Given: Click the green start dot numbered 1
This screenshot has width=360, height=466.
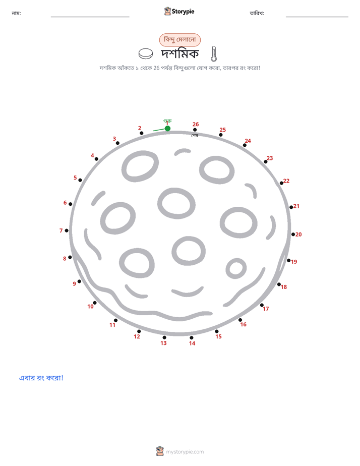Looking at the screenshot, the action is (x=167, y=129).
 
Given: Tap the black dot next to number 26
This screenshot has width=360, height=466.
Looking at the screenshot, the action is (x=195, y=130).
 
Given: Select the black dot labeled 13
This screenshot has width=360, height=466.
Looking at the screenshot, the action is (x=164, y=337).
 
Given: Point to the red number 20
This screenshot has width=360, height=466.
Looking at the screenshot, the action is (x=298, y=235).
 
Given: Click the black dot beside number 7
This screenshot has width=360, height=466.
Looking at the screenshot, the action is (x=67, y=230).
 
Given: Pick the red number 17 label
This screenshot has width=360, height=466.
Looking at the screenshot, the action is (x=266, y=309).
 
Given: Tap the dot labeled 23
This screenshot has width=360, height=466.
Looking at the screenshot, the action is (x=266, y=162).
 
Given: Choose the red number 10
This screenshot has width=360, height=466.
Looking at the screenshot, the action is (x=90, y=307).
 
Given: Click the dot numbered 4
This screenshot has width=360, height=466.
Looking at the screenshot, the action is (x=96, y=159).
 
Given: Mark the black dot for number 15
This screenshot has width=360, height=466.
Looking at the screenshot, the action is (x=216, y=331).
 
